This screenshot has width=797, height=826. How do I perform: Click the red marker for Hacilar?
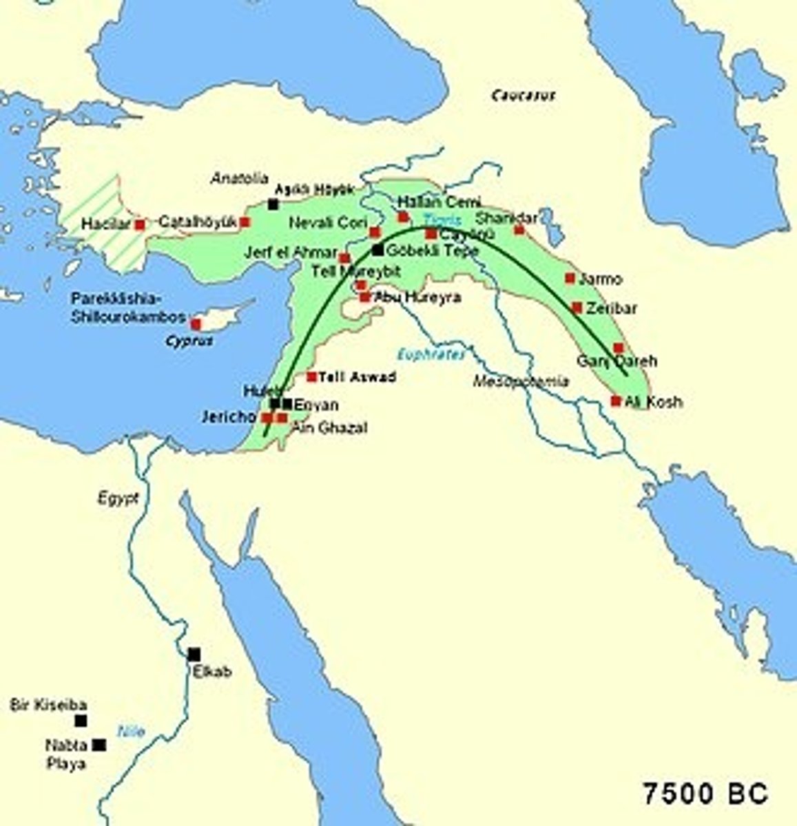coord(141,224)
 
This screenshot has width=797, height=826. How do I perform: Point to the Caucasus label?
coord(523,96)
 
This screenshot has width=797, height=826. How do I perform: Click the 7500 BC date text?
coord(705,794)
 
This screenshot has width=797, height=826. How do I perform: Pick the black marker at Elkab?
coord(194,654)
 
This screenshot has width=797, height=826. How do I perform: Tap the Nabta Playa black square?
coord(100,744)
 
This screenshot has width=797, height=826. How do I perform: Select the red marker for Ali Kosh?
coord(616,401)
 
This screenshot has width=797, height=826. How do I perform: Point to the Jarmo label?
coord(601,279)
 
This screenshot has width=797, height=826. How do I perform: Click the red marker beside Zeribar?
coord(577,308)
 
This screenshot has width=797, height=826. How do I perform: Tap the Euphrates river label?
coord(431,354)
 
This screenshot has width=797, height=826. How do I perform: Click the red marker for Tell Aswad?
coord(311,377)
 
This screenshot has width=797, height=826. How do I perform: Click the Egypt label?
coord(118,497)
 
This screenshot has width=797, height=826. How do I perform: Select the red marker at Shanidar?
coord(519,229)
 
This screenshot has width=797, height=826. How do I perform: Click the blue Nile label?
coord(132,731)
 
